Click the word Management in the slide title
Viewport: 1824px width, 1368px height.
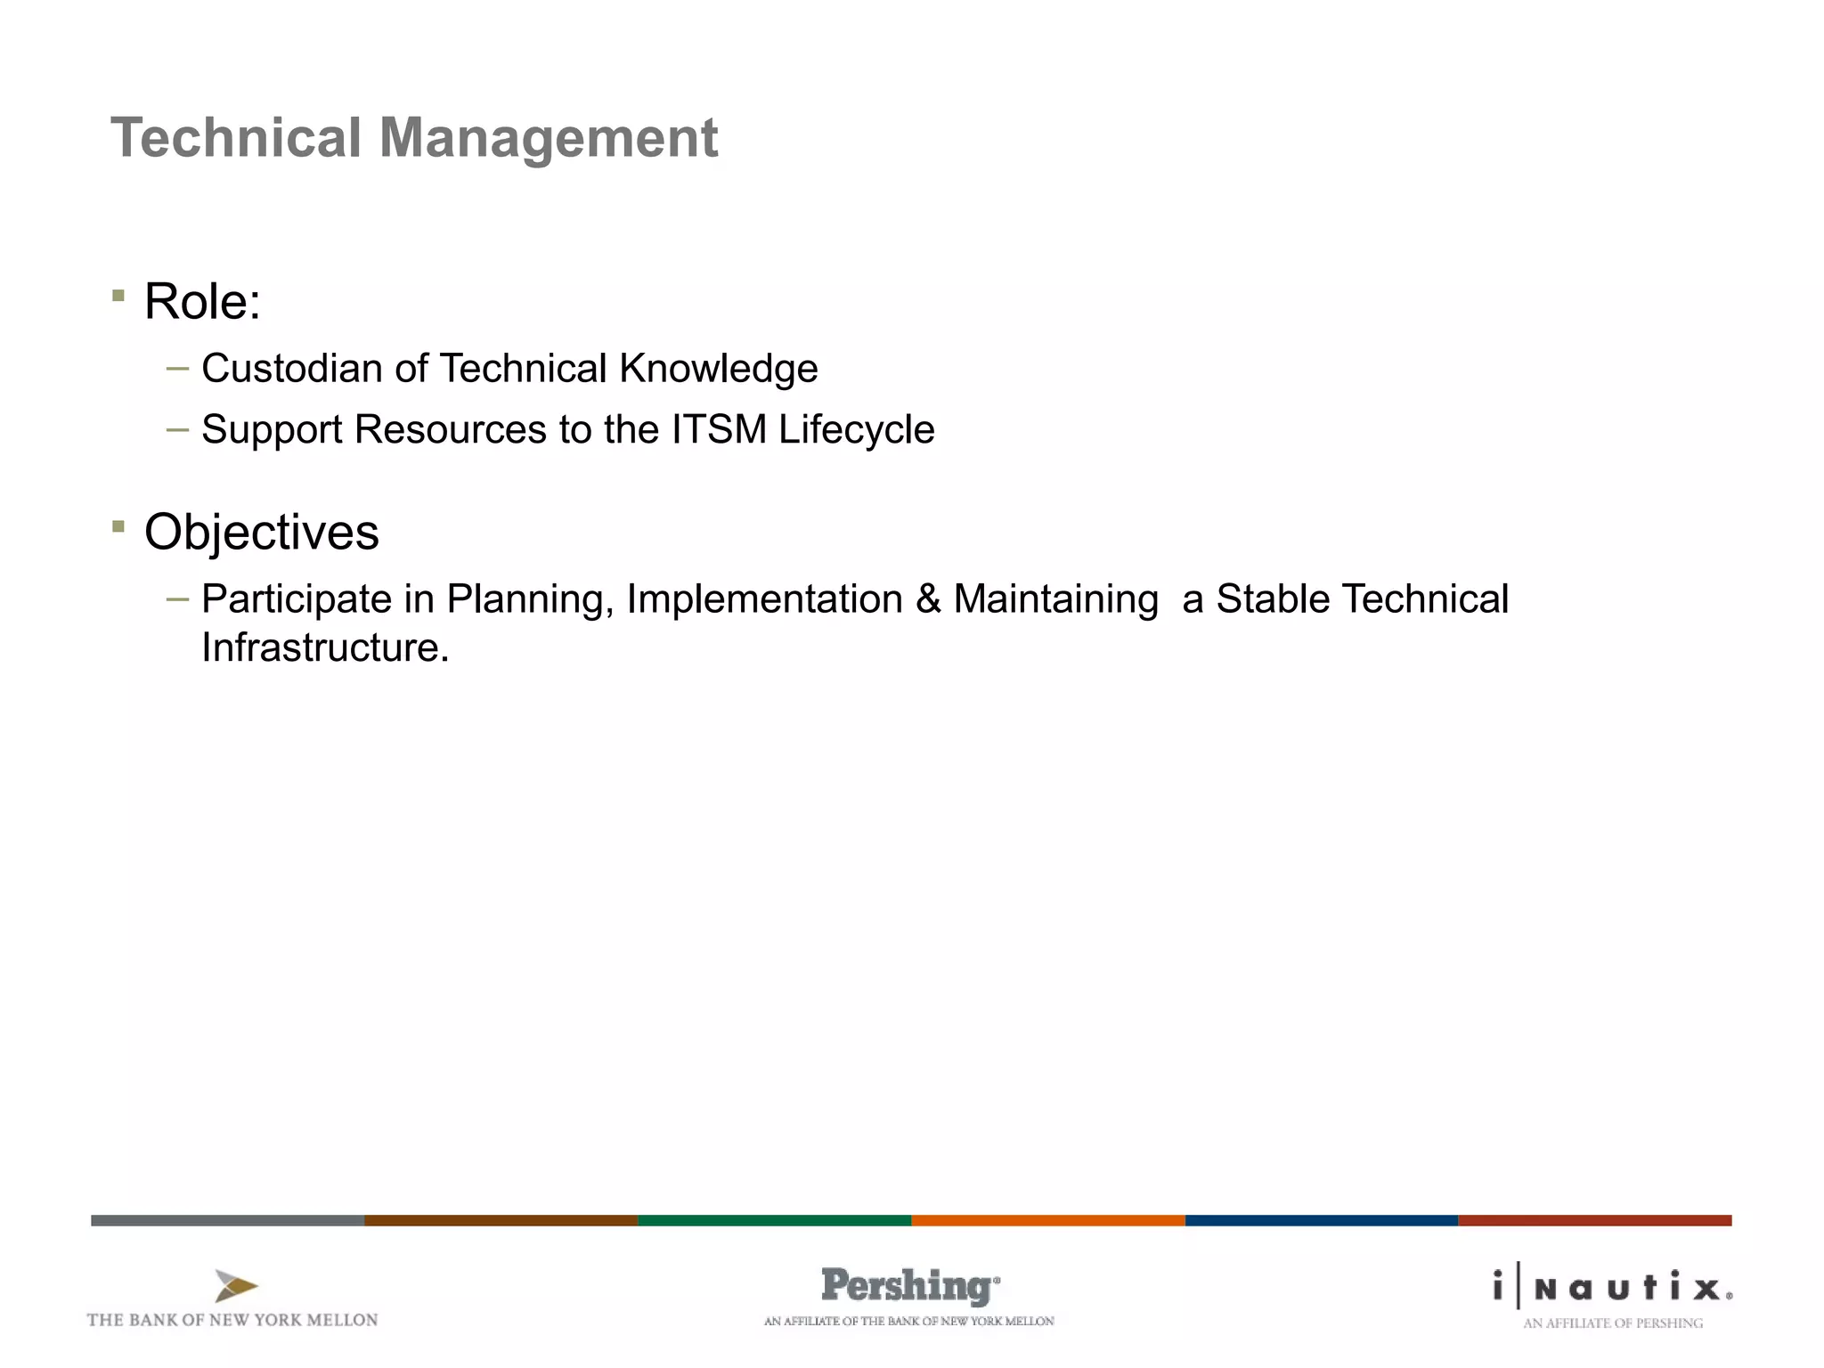click(x=548, y=139)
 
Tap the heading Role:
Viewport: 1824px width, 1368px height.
click(x=202, y=301)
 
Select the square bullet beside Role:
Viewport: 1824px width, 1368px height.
click(x=118, y=295)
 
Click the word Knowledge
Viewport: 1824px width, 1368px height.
click(x=718, y=369)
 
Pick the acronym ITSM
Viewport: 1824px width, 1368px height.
click(x=719, y=429)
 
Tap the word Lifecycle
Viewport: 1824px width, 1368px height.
click(x=856, y=430)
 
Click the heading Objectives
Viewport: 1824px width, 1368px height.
click(x=261, y=533)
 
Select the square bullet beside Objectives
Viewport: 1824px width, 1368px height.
click(x=118, y=526)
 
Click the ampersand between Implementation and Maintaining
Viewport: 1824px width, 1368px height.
click(x=928, y=598)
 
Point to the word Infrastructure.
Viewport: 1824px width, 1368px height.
click(x=324, y=647)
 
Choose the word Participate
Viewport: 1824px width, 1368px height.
click(x=296, y=599)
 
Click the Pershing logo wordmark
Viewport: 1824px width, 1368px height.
click(x=908, y=1286)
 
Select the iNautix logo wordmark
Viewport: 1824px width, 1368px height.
click(x=1613, y=1288)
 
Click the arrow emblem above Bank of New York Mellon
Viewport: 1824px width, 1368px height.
click(x=235, y=1286)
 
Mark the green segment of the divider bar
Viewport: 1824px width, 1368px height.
click(x=774, y=1220)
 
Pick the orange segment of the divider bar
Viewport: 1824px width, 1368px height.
click(x=1047, y=1220)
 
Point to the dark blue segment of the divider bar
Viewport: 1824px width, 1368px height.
click(x=1321, y=1220)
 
